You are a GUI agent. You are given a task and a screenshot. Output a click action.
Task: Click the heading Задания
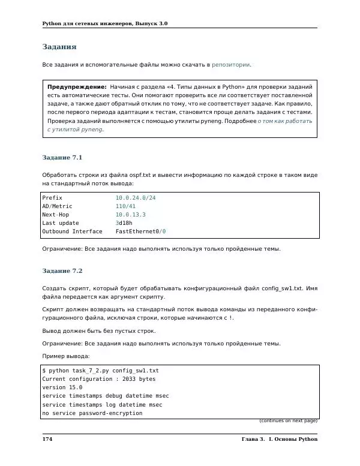click(59, 46)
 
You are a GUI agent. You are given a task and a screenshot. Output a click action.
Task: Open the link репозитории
click(230, 64)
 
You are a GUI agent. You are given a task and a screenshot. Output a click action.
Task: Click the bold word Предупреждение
click(77, 87)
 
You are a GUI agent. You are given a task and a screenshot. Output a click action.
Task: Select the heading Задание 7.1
click(62, 157)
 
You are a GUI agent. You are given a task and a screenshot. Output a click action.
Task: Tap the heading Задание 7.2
click(62, 270)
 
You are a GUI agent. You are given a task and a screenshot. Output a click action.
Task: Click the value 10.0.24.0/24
click(140, 197)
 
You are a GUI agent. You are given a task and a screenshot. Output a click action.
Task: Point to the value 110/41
click(125, 206)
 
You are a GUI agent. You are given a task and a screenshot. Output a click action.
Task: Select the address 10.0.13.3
click(130, 214)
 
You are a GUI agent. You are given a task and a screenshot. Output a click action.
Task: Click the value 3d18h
click(124, 223)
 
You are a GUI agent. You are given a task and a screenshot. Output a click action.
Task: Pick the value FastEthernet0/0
click(141, 232)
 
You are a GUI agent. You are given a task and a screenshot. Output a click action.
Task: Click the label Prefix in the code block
click(52, 197)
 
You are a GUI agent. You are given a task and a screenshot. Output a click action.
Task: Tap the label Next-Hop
click(55, 214)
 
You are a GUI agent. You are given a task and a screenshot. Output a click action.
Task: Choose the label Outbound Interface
click(72, 232)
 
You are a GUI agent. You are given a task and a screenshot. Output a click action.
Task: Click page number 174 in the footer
click(47, 440)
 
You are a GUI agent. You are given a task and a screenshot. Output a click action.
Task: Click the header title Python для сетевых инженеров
click(105, 23)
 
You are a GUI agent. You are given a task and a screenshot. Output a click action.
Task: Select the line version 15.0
click(62, 387)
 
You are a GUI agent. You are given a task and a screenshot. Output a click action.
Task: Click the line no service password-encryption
click(92, 413)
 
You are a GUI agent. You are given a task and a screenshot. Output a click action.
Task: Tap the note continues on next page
click(288, 420)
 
